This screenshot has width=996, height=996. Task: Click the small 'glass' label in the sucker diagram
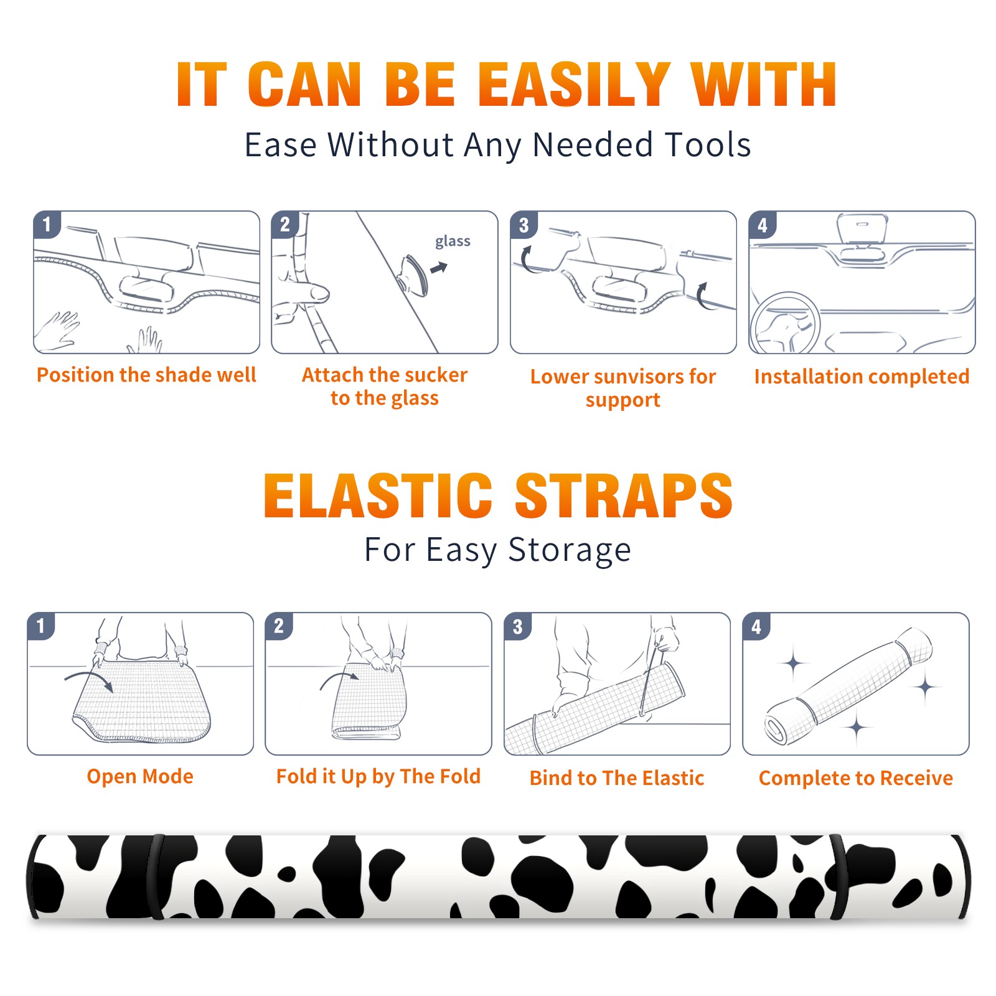pyautogui.click(x=453, y=242)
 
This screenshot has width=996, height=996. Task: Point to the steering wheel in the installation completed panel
pyautogui.click(x=784, y=324)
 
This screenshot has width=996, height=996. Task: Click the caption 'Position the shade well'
pyautogui.click(x=146, y=375)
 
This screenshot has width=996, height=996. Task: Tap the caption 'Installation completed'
pyautogui.click(x=862, y=377)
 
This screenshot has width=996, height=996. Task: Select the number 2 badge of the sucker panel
pyautogui.click(x=285, y=225)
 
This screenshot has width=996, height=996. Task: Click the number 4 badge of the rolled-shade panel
pyautogui.click(x=756, y=626)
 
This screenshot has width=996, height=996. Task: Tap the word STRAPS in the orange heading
pyautogui.click(x=624, y=496)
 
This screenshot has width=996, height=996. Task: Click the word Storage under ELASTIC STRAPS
pyautogui.click(x=570, y=550)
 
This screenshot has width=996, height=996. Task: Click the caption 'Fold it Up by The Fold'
pyautogui.click(x=378, y=776)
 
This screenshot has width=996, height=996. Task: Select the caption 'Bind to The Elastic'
pyautogui.click(x=617, y=778)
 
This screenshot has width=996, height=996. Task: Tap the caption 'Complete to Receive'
pyautogui.click(x=856, y=778)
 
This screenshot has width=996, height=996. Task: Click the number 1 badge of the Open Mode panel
pyautogui.click(x=41, y=626)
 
